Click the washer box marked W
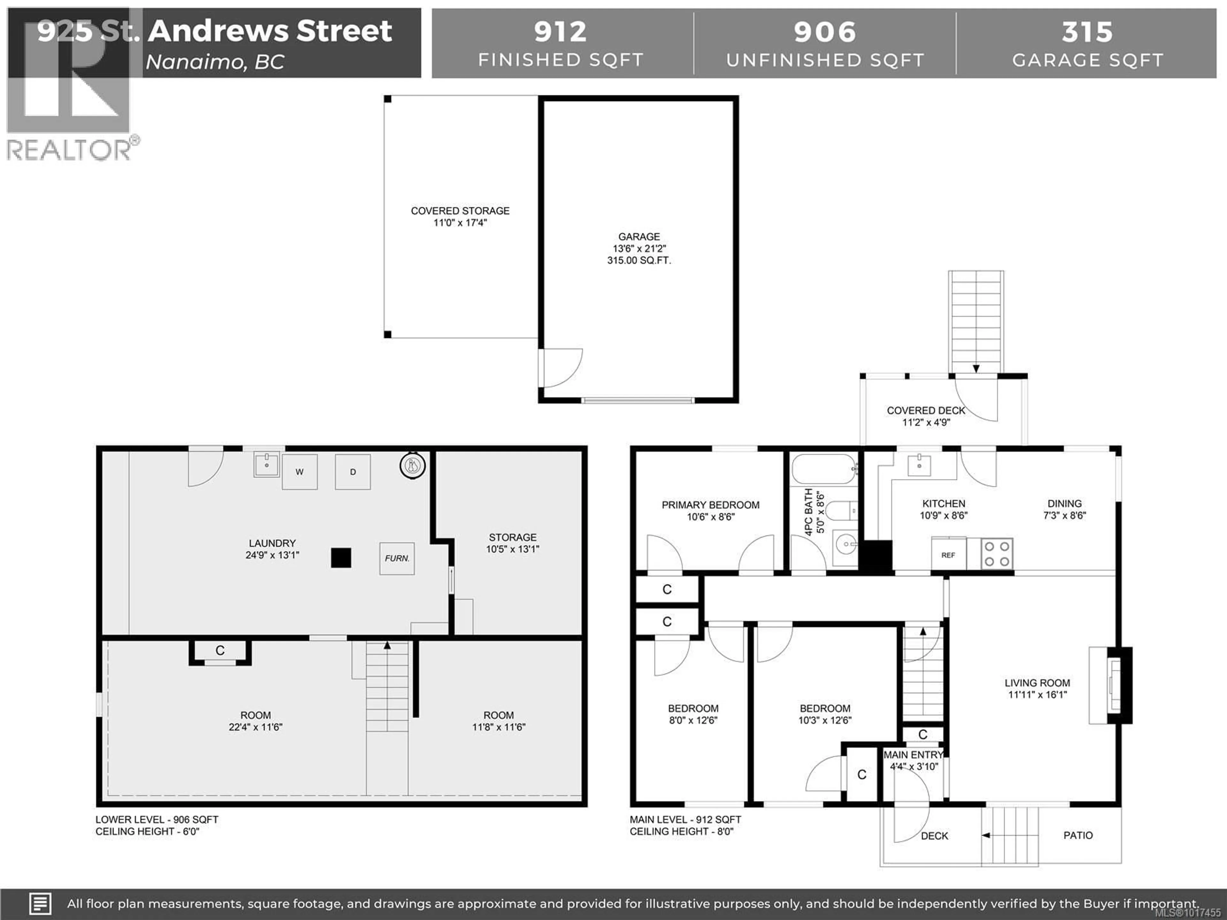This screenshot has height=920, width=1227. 299,472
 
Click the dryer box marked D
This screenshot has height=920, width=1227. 353,472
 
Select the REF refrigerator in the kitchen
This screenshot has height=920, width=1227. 948,555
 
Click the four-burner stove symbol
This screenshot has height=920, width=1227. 997,554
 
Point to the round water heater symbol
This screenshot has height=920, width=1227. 412,466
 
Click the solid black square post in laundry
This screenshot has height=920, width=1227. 341,558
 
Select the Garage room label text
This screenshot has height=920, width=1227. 639,237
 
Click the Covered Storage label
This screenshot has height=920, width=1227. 460,211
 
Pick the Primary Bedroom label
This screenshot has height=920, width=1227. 710,505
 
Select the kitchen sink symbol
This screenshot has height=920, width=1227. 919,465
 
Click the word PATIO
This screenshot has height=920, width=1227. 1078,835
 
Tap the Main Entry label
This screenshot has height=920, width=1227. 913,755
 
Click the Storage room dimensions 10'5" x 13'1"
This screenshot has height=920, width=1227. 513,549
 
